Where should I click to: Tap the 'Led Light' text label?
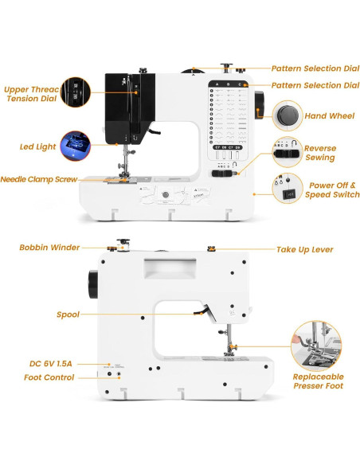tap(37, 147)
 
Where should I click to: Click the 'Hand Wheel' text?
tap(329, 116)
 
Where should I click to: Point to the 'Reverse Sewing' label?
tap(319, 153)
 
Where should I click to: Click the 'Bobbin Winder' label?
tap(49, 248)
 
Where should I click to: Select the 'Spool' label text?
tap(68, 315)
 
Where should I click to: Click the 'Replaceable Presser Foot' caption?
tap(319, 381)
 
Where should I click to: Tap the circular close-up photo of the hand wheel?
tap(286, 116)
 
